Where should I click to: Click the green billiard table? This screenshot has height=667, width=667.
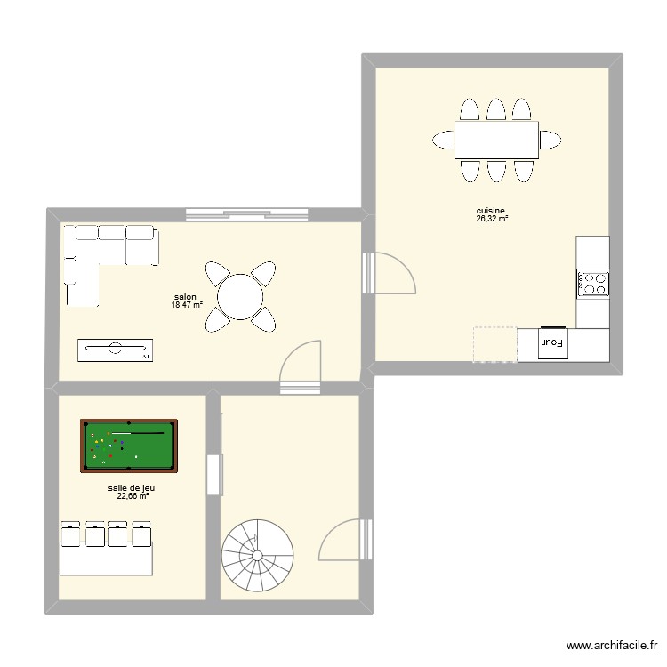(129, 446)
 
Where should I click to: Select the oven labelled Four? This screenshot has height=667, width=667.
(553, 343)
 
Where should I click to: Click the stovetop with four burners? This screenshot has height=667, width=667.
(594, 284)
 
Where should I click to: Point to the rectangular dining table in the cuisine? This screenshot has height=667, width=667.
(496, 140)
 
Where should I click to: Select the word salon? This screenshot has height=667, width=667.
(185, 298)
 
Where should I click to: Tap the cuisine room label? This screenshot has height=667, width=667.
(491, 211)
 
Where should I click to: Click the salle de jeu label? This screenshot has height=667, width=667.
(132, 488)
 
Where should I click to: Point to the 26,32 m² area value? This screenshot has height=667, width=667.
(491, 219)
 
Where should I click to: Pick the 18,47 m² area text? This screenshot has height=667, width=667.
(187, 305)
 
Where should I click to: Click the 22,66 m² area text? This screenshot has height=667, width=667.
(132, 496)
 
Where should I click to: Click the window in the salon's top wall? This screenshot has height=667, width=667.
(247, 213)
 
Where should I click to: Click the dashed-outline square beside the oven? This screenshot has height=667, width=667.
(494, 344)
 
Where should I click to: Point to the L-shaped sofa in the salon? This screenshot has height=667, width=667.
(98, 258)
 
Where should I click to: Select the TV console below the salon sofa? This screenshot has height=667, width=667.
(115, 350)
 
